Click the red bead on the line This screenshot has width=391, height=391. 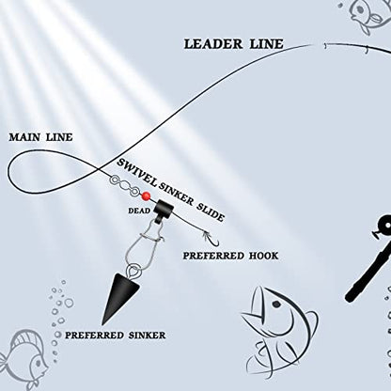pos(146,196)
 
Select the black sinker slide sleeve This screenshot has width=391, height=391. pos(164,210)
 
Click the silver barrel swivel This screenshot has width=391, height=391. pos(125,186)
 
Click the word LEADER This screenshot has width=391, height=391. pos(213,44)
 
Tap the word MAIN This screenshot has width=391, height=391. pos(24,137)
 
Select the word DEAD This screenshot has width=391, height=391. pos(139,211)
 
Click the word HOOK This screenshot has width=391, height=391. pos(263,256)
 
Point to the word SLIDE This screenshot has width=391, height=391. pos(211,211)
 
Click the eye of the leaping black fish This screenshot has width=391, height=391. pos(276,304)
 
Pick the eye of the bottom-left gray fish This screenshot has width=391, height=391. pos(39,363)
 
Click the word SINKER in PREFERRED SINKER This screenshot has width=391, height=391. pos(147,336)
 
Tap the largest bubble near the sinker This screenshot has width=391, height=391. pos(69,303)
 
